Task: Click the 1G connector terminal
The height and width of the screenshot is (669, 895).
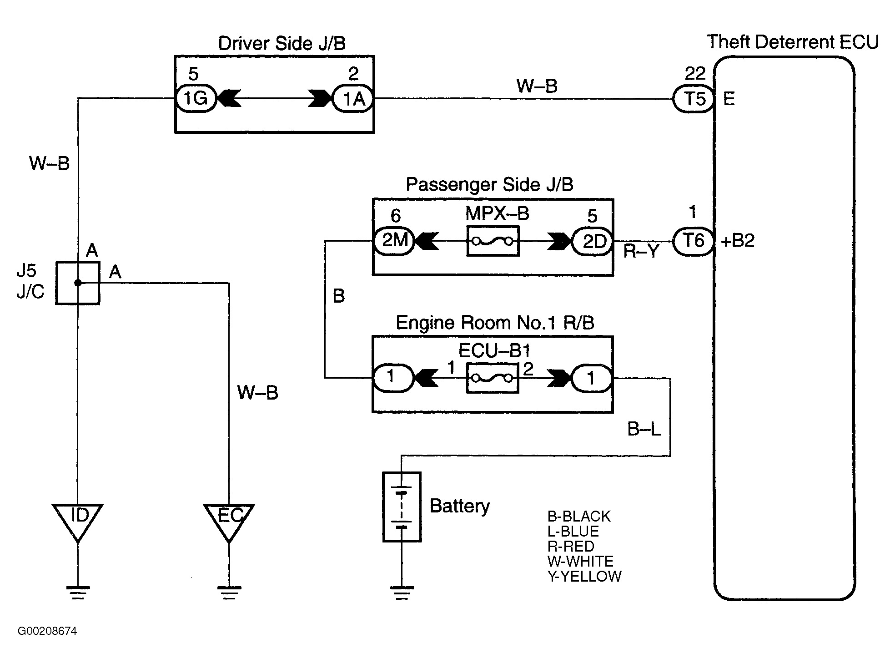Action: pos(196,98)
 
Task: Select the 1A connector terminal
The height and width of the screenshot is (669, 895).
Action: pos(353,98)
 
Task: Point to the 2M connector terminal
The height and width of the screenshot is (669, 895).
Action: pos(394,241)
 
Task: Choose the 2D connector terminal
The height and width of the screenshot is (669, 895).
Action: pos(593,241)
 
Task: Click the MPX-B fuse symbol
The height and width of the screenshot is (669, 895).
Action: pos(493,241)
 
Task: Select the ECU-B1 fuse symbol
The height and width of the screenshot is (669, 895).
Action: pos(493,378)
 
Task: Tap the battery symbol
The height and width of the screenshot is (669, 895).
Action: pos(402,507)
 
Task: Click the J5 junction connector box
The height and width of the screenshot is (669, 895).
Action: pos(78,283)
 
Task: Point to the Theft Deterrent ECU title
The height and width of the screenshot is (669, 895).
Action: pos(793,42)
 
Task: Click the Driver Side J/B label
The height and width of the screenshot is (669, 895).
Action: pos(282,43)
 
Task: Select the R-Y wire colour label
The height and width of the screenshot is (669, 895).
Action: pos(641,251)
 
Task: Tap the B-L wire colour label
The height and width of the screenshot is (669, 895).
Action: pos(644,429)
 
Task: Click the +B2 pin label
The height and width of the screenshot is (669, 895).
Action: pos(738,241)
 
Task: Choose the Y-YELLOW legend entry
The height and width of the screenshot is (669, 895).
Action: pos(584,577)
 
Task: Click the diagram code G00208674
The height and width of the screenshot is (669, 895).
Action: pos(48,631)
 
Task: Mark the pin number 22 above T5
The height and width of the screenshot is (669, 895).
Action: pos(694,73)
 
